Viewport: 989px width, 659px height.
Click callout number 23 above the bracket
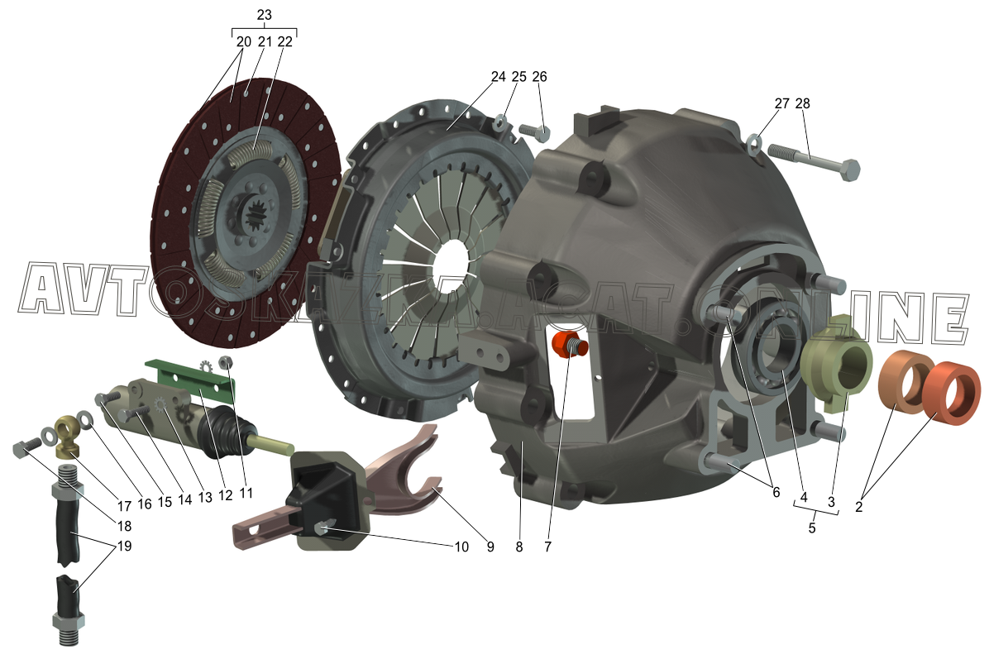point(265,15)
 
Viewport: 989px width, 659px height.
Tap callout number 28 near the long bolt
point(802,103)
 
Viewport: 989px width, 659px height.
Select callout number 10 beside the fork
point(461,547)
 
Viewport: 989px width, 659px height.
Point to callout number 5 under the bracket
point(812,528)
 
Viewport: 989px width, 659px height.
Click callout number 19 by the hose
point(125,546)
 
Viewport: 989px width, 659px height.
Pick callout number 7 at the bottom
point(547,547)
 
